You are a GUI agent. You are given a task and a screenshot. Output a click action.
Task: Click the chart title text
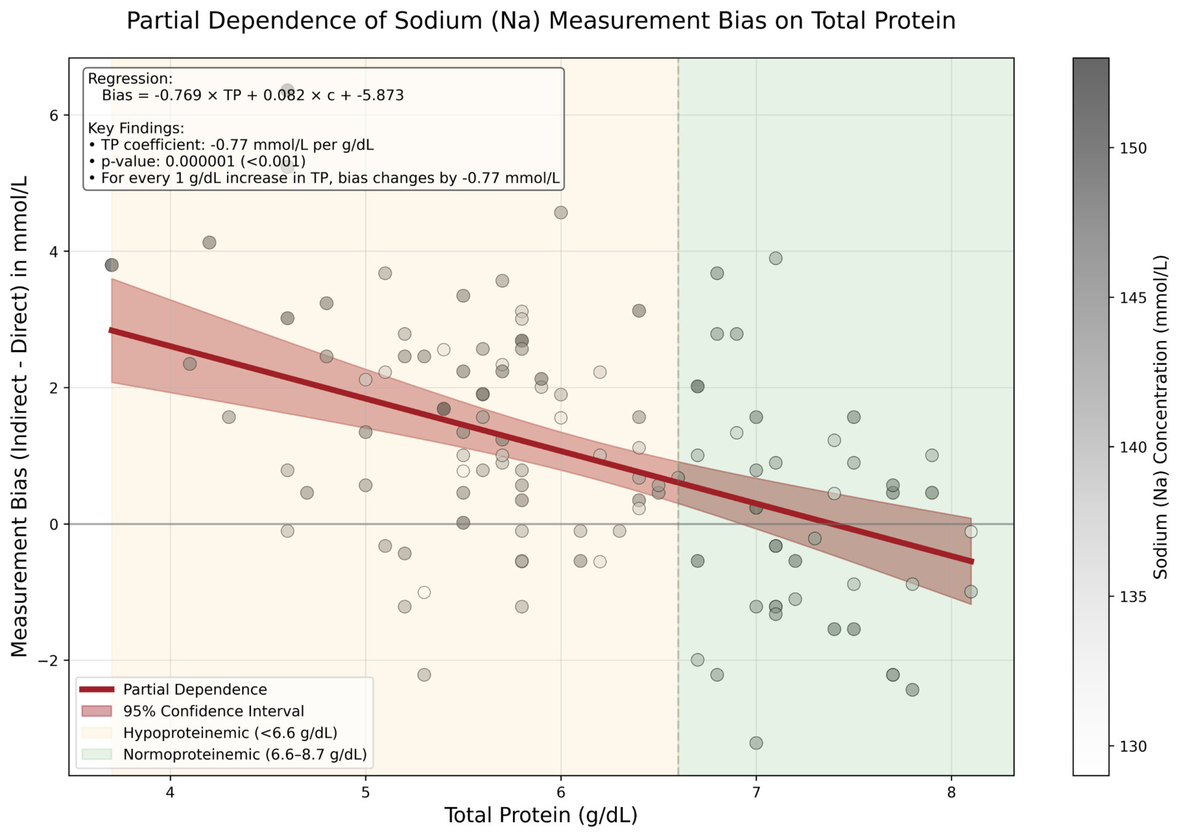540,21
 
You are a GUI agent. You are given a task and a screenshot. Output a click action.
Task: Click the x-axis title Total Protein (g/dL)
540,815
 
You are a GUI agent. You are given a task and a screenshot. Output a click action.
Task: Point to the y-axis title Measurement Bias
19,416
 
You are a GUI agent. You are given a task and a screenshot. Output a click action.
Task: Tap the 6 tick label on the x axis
560,792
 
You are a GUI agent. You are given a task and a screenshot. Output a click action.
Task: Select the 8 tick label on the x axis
951,792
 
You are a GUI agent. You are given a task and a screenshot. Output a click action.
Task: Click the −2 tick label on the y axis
49,660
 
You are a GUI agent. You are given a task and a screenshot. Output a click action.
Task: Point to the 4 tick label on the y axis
54,252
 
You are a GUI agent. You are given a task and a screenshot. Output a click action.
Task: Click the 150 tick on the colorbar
1133,148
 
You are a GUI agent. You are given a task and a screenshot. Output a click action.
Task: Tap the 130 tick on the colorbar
1133,746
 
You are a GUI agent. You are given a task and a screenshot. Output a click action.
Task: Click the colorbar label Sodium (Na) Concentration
1160,416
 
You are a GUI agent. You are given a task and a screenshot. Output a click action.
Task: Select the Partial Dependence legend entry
194,689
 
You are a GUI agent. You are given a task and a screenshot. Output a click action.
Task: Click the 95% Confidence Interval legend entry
213,711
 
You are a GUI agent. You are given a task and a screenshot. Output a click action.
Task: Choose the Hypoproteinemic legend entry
229,732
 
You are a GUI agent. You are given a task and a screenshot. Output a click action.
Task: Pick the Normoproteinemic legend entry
244,754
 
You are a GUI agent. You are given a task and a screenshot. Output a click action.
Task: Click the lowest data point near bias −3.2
756,743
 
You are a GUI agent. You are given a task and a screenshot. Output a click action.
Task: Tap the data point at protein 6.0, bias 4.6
560,213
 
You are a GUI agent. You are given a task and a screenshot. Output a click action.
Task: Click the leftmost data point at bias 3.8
111,265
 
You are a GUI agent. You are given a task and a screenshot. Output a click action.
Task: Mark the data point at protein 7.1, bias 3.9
775,258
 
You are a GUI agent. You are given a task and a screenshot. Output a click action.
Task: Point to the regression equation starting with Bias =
252,95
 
